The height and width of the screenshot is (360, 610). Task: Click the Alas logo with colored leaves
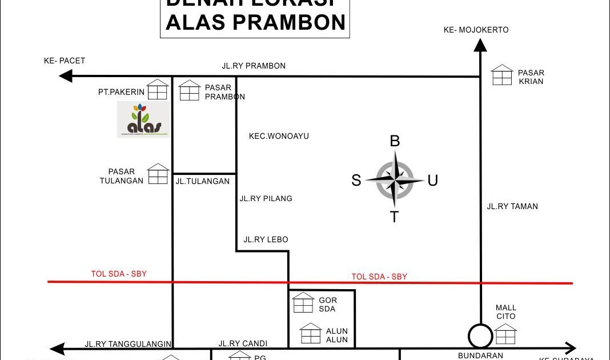coord(143,119)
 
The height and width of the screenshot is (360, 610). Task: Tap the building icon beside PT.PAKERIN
coord(158,90)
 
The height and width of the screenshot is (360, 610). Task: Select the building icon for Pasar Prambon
coord(190,91)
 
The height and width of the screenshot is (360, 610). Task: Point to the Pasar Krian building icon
coord(502,75)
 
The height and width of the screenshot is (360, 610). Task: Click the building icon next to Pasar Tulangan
coord(158,174)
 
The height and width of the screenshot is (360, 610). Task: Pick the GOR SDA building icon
coord(303,303)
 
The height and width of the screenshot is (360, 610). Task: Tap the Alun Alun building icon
coord(311,334)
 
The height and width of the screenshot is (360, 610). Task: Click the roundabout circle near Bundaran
coord(480,336)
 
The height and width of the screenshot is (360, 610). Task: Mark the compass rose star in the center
coord(395,181)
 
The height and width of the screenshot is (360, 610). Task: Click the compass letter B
coord(395,141)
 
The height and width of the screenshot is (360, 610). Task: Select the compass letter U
coord(433,181)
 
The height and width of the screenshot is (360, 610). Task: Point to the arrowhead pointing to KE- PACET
coord(66,75)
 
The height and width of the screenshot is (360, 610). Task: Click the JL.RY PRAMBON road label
coord(254,66)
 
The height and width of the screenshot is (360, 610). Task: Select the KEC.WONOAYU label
coord(279,136)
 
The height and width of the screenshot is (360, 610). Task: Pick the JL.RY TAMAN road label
coord(512,206)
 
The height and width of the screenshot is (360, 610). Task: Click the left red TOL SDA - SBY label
coord(119,274)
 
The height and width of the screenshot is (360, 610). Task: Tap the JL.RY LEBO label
coord(266,239)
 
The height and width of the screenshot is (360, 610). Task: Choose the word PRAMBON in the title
coord(289,22)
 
